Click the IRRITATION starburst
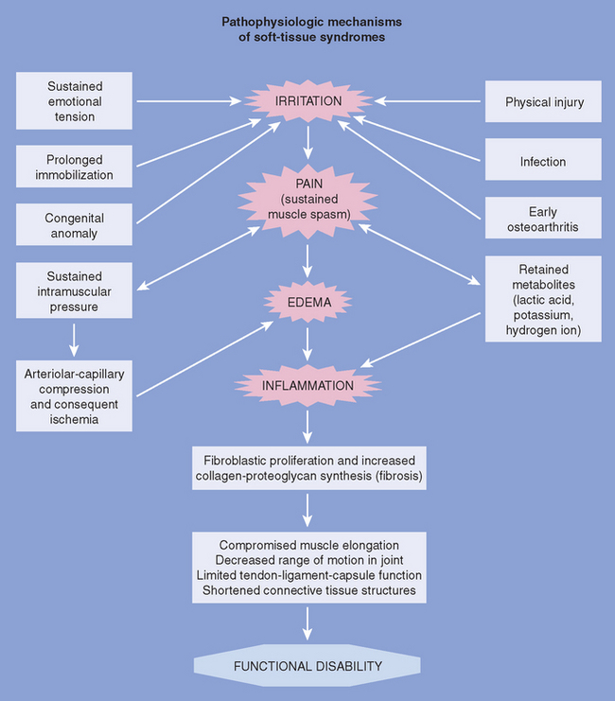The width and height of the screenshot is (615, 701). coord(307,100)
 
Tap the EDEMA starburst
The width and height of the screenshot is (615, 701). coord(307,302)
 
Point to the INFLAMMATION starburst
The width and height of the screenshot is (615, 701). coord(307,386)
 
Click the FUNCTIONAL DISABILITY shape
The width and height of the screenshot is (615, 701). coord(307,666)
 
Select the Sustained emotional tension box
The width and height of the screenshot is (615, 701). coord(76,101)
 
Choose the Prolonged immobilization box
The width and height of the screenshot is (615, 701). coord(76,167)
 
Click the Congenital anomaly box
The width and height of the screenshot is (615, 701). coord(76,224)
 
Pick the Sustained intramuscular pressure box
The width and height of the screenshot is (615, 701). coord(76,289)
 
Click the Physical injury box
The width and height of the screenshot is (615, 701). coord(543,101)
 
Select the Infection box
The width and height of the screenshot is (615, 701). coord(543,161)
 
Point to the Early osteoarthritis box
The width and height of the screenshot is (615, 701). coord(543,219)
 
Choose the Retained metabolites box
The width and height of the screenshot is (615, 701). coord(543,298)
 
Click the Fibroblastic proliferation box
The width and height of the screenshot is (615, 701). coord(307,466)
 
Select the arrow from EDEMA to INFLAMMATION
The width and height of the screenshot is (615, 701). coord(307,344)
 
